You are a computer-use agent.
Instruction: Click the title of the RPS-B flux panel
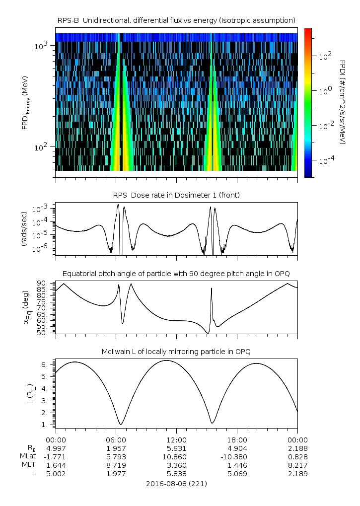[x=176, y=20]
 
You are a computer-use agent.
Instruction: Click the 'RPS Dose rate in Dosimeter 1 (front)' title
[x=176, y=195]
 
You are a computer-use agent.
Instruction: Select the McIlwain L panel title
[x=176, y=352]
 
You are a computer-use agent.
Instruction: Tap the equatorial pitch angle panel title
[x=176, y=274]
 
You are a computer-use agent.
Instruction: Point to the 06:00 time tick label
[x=116, y=440]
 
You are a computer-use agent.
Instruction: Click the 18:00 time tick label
[x=237, y=440]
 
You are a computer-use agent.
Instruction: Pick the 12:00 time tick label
[x=176, y=440]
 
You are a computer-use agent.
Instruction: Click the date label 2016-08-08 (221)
[x=176, y=483]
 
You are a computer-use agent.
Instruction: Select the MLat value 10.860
[x=176, y=456]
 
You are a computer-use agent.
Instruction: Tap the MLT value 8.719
[x=116, y=465]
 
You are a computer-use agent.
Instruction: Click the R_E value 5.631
[x=176, y=448]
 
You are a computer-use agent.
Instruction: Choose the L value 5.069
[x=237, y=474]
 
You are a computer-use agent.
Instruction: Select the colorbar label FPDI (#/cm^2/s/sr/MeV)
[x=342, y=102]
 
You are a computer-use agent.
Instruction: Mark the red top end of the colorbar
[x=308, y=30]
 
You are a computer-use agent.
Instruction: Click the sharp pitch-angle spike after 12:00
[x=212, y=289]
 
